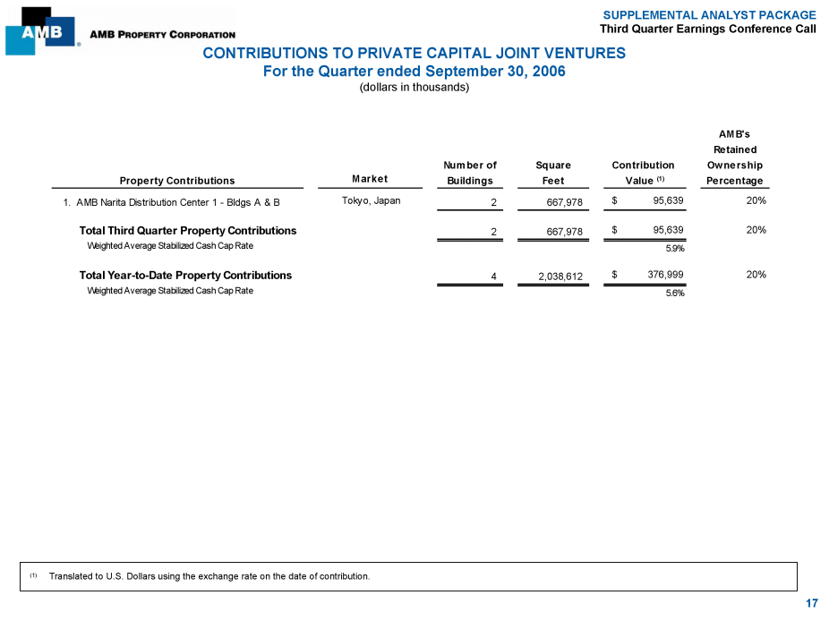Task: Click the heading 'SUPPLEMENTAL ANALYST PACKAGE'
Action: pyautogui.click(x=709, y=15)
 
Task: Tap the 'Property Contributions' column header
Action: pyautogui.click(x=177, y=181)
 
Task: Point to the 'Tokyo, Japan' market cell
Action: pyautogui.click(x=371, y=200)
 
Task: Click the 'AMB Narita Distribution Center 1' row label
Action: pyautogui.click(x=177, y=202)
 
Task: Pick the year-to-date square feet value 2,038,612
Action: pyautogui.click(x=560, y=276)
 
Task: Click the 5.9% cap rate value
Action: pyautogui.click(x=675, y=249)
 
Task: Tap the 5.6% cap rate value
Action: pyautogui.click(x=675, y=293)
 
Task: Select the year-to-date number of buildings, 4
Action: pyautogui.click(x=494, y=276)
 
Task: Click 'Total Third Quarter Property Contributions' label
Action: pyautogui.click(x=188, y=231)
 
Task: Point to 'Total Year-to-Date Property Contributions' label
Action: pyautogui.click(x=185, y=276)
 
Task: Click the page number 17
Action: pyautogui.click(x=811, y=604)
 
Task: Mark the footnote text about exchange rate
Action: pyautogui.click(x=209, y=576)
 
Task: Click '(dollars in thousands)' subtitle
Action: pyautogui.click(x=414, y=88)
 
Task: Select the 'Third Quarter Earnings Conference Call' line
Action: pyautogui.click(x=708, y=30)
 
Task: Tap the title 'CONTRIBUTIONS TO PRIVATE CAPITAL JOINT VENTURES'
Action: pyautogui.click(x=414, y=54)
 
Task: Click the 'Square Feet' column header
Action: pyautogui.click(x=553, y=173)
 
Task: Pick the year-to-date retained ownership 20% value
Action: pyautogui.click(x=756, y=275)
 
